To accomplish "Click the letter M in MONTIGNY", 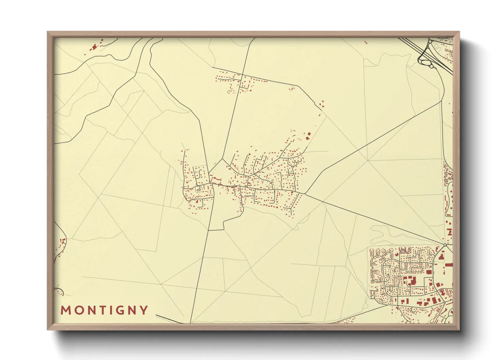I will click(65, 310).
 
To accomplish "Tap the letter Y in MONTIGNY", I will click(144, 310).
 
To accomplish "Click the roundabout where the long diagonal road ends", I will click(445, 245).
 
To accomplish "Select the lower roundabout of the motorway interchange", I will click(431, 67).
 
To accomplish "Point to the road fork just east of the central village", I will click(304, 194).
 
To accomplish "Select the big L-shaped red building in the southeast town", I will click(412, 281).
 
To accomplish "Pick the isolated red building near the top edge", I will click(366, 43).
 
